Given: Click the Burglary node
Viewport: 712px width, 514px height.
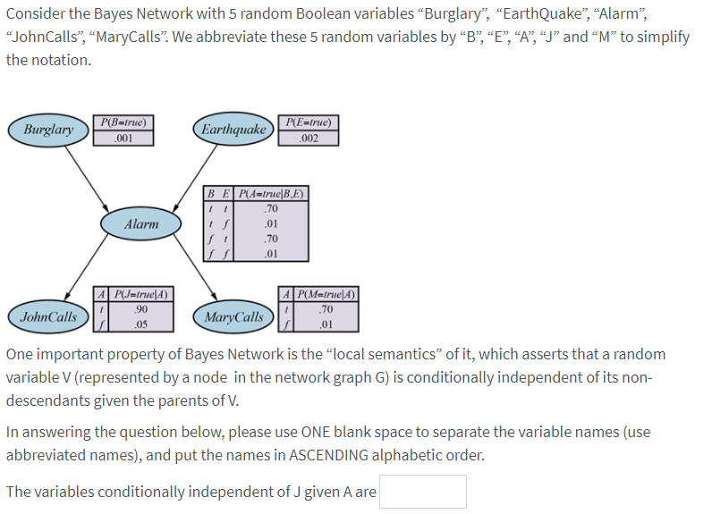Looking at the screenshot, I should click(x=48, y=131).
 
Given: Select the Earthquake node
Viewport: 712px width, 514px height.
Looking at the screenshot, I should click(x=233, y=131).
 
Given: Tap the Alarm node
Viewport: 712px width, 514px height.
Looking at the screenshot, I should click(x=141, y=224).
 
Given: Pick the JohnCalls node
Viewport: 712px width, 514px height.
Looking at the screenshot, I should click(x=48, y=317).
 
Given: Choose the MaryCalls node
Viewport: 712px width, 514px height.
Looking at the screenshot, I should click(x=233, y=317).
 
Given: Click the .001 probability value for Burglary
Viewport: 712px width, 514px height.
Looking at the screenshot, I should click(x=123, y=139).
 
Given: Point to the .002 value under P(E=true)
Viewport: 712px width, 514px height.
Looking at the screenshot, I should click(x=308, y=139).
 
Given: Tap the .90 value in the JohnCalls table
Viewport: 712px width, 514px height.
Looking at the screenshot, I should click(x=140, y=309).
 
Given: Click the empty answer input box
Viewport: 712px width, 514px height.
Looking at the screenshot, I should click(x=422, y=492).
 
